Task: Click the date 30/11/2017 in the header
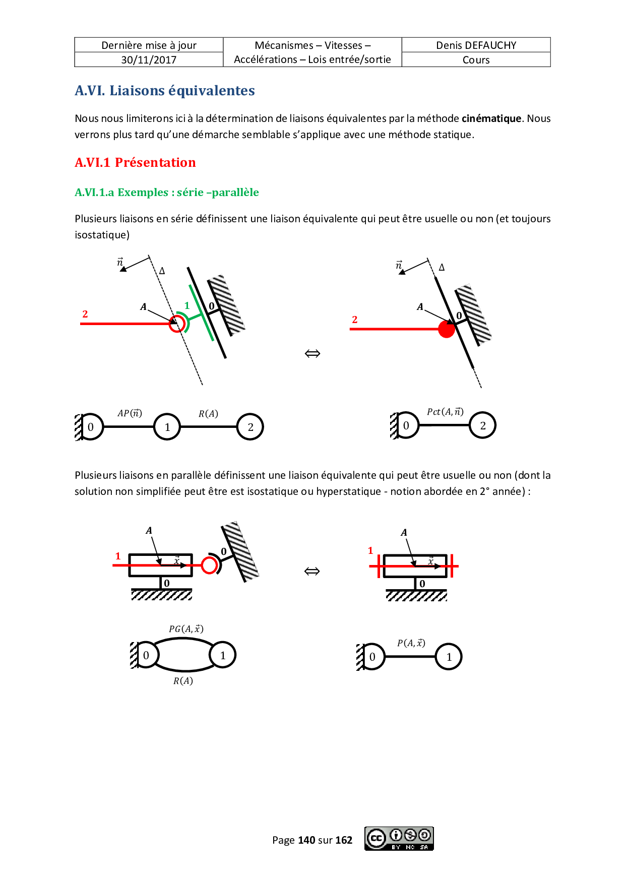pos(149,60)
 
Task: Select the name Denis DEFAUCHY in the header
pos(476,45)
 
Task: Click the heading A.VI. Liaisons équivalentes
pos(165,91)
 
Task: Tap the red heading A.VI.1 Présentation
pos(135,163)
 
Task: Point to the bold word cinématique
pos(491,118)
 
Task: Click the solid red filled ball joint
pos(447,329)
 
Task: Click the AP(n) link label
pos(130,413)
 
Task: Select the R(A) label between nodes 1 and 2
pos(208,414)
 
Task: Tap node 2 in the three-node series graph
pos(251,427)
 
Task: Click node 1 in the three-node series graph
pos(167,427)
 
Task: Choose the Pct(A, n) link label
pos(445,412)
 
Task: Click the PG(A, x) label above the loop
pos(186,629)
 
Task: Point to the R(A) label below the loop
pos(183,681)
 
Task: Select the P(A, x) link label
pos(411,643)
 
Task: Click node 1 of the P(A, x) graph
pos(449,657)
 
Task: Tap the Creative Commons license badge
pos(399,839)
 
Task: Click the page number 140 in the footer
pos(306,840)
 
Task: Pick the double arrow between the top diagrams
pos(312,354)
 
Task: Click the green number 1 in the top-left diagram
pos(187,305)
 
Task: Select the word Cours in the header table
pos(476,60)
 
